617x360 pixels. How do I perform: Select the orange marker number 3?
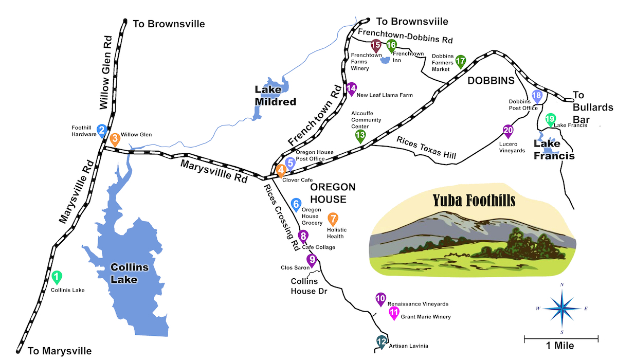(115, 138)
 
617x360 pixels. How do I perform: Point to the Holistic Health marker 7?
(333, 219)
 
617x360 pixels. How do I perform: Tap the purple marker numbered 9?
(312, 259)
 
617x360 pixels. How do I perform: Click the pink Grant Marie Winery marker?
(394, 312)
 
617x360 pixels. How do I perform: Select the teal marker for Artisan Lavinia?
(381, 341)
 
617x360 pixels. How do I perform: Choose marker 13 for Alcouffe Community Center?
(360, 135)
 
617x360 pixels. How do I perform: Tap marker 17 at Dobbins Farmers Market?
(460, 61)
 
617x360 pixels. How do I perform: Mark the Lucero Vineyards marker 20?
(508, 131)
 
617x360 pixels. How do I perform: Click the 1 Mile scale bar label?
(561, 346)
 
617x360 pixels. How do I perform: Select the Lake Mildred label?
(276, 96)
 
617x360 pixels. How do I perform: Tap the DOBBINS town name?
(491, 81)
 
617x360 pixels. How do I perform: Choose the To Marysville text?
(56, 351)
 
